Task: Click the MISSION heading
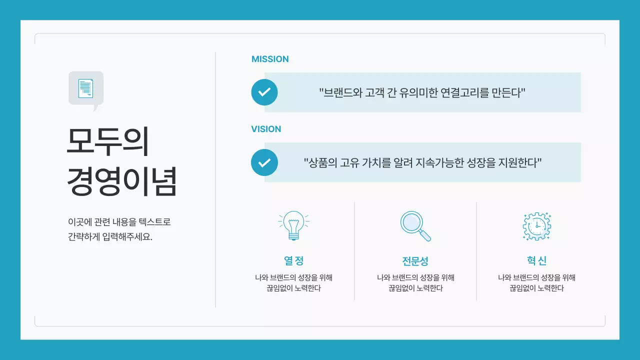(x=270, y=59)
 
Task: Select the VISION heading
(x=266, y=129)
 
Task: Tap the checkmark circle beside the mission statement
(x=264, y=92)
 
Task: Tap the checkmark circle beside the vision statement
(x=264, y=162)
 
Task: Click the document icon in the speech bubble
(x=86, y=88)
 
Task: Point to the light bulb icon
(x=293, y=226)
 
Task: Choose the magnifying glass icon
(x=415, y=226)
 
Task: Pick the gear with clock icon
(x=536, y=226)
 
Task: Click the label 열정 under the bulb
(x=293, y=260)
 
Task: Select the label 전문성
(x=415, y=261)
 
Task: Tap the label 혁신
(x=536, y=260)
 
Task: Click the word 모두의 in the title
(x=108, y=142)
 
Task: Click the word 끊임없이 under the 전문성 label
(x=402, y=288)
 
